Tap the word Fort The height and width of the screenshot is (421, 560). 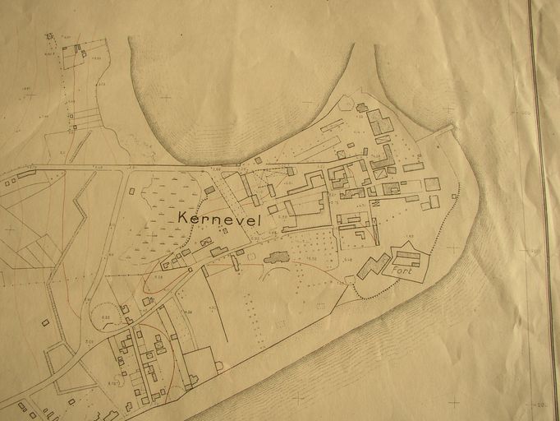(402, 271)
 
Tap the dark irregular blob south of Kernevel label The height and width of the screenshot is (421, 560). (276, 257)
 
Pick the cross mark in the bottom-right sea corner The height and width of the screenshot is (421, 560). (454, 402)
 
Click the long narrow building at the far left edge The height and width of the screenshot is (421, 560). (27, 173)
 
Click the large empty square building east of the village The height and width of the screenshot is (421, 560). (432, 183)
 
